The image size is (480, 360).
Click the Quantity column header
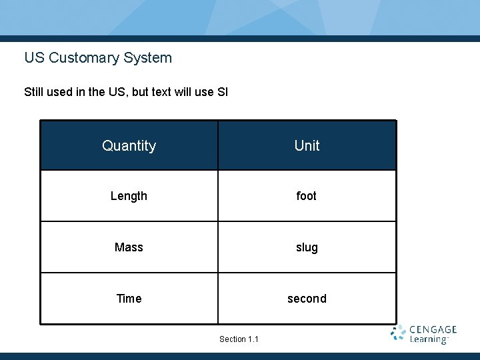point(129,145)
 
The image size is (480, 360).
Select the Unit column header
point(307,145)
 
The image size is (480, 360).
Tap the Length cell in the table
point(129,196)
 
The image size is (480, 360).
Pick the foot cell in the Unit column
point(307,196)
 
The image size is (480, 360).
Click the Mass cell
point(129,247)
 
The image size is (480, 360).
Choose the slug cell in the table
point(307,247)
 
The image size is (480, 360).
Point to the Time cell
point(129,299)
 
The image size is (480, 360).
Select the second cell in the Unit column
point(307,299)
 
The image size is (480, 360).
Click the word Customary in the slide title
point(83,58)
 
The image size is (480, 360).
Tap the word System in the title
point(147,58)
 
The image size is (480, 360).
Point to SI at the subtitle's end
point(222,92)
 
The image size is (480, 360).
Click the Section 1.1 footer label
point(239,339)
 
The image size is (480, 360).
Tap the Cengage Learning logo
point(423,335)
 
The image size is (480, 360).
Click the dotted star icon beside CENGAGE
point(398,333)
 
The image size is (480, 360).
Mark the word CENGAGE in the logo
point(433,329)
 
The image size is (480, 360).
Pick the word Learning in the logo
point(428,340)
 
